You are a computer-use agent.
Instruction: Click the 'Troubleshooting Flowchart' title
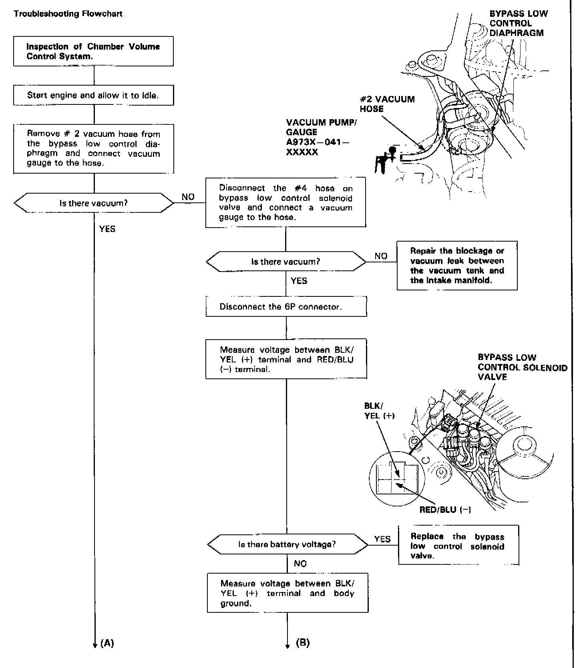coord(68,14)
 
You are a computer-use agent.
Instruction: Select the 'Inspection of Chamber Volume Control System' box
coord(93,51)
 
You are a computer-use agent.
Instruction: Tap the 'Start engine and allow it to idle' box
coord(93,95)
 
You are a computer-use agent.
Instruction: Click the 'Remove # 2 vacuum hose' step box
coord(93,148)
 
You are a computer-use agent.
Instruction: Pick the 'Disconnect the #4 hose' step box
coord(285,202)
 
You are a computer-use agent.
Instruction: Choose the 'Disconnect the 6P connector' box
coord(286,307)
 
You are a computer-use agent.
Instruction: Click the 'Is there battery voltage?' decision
coord(287,544)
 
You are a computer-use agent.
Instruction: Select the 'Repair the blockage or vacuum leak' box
coord(457,266)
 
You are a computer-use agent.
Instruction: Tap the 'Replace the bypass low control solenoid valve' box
coord(458,546)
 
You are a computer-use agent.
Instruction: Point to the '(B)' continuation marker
coord(303,643)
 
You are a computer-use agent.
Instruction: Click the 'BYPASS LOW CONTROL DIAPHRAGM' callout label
coord(518,23)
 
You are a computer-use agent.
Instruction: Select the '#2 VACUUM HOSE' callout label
coord(387,104)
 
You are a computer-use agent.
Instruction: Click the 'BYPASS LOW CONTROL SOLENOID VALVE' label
coord(522,367)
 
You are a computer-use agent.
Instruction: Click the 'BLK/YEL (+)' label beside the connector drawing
coord(379,411)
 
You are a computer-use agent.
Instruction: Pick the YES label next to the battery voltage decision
coord(382,539)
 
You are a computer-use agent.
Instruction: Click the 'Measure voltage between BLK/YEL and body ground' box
coord(287,593)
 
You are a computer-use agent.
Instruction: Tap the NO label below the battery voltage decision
coord(300,564)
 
